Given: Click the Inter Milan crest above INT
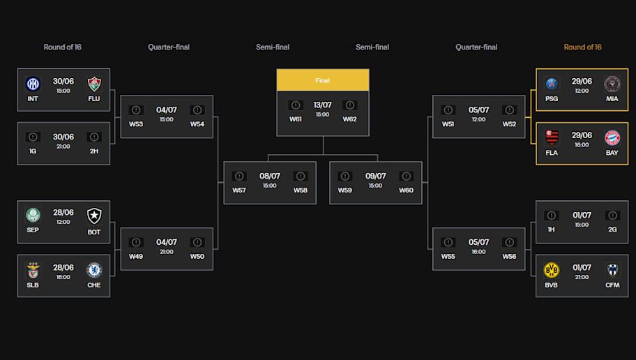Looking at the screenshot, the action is (33, 84).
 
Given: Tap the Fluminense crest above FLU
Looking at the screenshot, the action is (94, 84).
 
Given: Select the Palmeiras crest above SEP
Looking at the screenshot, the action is (33, 215).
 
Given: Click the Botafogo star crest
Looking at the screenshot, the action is (94, 216).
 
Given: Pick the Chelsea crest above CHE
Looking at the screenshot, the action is (94, 270).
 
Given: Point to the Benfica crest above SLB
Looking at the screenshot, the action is (33, 270).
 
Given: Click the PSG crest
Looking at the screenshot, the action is (552, 84).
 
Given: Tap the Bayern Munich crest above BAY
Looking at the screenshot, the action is (612, 138).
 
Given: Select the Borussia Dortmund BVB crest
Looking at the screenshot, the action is (551, 270).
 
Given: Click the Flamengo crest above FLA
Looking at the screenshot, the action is (552, 138).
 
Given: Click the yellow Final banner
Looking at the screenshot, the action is (323, 80).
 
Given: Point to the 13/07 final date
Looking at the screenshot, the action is (322, 105).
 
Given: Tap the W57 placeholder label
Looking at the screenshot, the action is (239, 190).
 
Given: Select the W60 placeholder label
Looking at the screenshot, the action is (406, 190).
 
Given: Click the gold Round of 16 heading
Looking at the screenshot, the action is (582, 47).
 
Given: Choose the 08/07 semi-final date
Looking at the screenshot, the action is (270, 176).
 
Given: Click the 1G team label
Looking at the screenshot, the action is (33, 151).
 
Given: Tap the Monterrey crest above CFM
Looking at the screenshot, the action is (612, 270).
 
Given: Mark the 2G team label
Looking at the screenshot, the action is (612, 230).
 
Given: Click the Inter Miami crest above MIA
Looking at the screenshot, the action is (612, 84).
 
